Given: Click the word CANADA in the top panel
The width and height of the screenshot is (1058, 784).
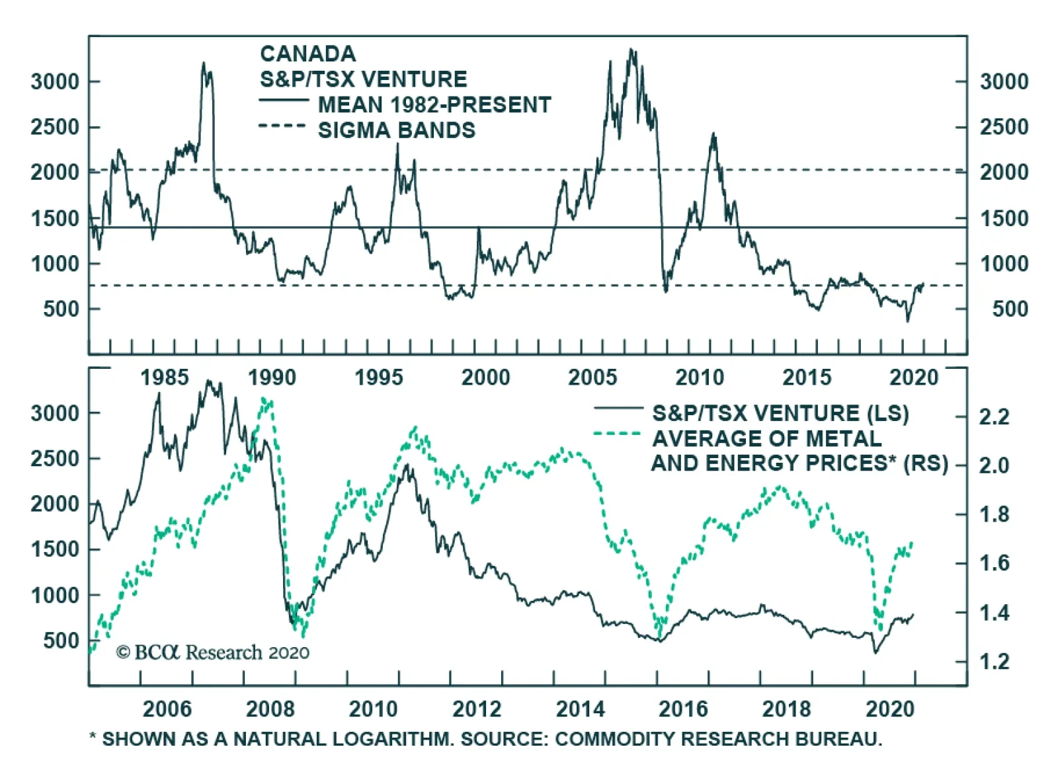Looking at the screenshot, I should click(307, 54).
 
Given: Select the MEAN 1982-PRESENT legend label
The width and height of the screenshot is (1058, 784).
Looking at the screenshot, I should click(434, 105).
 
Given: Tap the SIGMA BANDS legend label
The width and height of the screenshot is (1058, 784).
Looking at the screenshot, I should click(396, 131).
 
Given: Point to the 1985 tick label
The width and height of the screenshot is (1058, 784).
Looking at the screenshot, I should click(164, 377).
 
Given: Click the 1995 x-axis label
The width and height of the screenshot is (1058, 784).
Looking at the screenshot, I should click(378, 377).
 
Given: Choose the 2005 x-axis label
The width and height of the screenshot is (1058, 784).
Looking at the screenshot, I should click(592, 377).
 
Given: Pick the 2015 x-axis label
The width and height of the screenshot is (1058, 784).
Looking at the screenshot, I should click(806, 377).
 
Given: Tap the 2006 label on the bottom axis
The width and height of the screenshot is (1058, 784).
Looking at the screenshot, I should click(167, 709).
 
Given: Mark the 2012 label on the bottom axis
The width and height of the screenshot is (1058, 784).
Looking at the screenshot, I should click(477, 709).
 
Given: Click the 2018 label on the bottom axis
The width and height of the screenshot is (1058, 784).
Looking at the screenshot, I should click(786, 709).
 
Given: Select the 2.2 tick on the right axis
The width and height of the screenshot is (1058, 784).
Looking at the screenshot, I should click(994, 417).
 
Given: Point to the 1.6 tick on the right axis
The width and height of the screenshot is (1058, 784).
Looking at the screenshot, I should click(994, 563).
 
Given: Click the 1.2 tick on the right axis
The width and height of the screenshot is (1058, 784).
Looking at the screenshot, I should click(994, 662).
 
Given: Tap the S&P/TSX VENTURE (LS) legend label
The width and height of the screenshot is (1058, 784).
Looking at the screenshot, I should click(780, 414).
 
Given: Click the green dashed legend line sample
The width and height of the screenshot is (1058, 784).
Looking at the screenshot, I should click(618, 434).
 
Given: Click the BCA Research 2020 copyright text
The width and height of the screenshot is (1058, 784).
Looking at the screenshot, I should click(213, 653).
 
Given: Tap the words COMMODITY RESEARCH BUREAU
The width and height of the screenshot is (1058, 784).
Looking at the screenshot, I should click(718, 739).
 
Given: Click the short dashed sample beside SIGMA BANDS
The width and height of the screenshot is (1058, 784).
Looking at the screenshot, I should click(282, 126).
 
